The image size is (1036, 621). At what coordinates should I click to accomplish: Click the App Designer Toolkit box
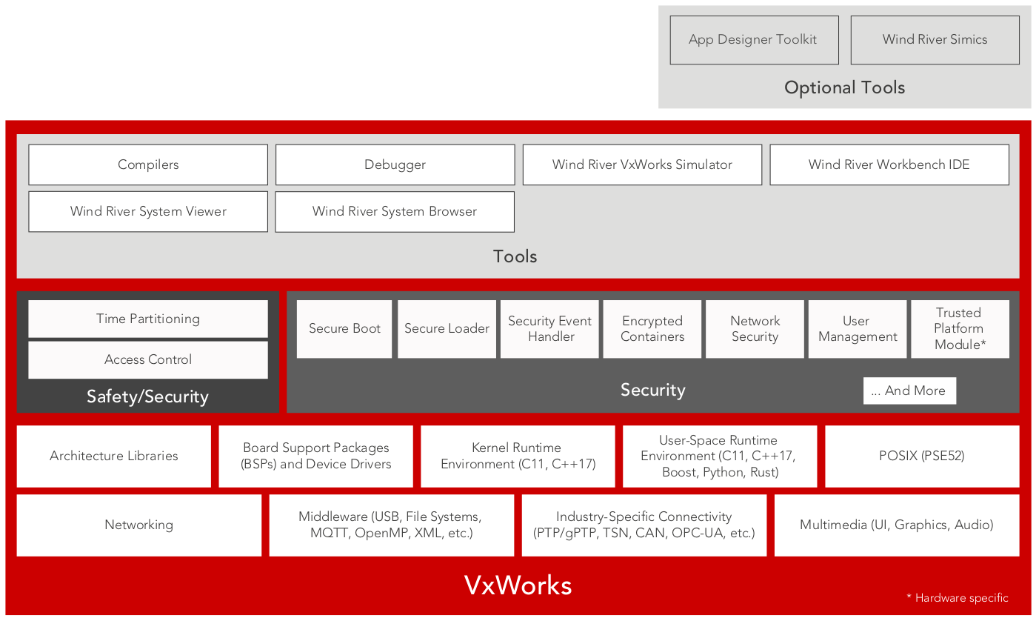754,40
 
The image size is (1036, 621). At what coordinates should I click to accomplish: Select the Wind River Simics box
935,40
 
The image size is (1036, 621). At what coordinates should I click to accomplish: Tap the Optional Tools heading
844,87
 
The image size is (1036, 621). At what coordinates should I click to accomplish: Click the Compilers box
148,165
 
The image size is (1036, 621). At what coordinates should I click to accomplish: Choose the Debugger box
395,165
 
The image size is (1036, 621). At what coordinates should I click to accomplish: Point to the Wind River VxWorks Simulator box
642,165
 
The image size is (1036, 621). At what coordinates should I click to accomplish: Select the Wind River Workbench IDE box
889,165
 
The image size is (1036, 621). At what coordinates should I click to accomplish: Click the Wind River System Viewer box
148,211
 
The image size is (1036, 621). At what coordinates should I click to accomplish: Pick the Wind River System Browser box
395,211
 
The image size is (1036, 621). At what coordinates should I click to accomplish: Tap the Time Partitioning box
148,319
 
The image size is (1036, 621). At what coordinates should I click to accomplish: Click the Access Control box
148,359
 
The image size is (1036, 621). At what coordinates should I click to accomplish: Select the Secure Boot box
344,328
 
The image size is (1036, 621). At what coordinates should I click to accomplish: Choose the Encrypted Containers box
652,328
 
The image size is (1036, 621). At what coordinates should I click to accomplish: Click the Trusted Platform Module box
960,328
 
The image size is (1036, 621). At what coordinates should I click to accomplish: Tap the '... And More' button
909,391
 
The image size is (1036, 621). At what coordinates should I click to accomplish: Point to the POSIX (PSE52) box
921,456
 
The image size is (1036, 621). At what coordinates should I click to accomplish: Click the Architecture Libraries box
113,456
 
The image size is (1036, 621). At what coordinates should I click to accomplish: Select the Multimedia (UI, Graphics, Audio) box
896,525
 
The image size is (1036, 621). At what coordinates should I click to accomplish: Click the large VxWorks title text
518,585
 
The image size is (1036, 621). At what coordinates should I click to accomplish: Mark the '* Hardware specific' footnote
957,597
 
